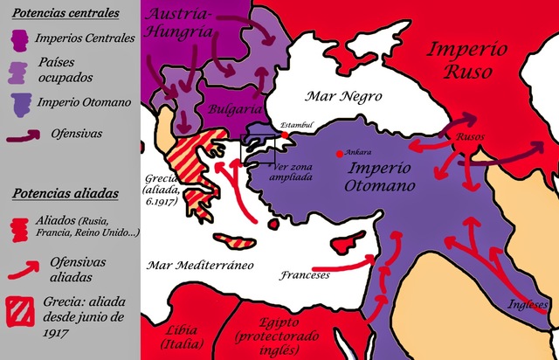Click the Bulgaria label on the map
(233, 109)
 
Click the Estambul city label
(296, 125)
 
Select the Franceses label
(305, 274)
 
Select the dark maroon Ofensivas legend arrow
(29, 135)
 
